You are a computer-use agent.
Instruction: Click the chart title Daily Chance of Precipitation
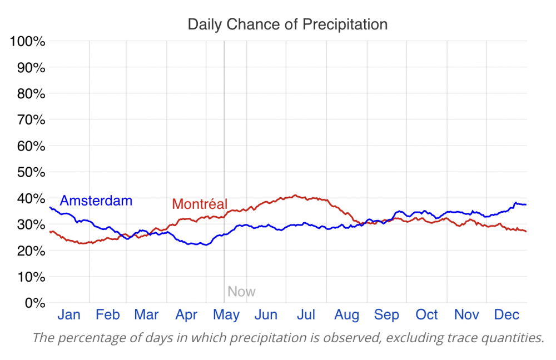click(x=287, y=24)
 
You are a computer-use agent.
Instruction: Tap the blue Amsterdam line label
click(x=96, y=201)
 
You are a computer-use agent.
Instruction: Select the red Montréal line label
click(x=200, y=204)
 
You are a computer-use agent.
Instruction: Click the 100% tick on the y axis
click(x=27, y=42)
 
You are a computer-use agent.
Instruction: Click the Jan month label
click(x=69, y=315)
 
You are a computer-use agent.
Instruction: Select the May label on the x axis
click(x=226, y=315)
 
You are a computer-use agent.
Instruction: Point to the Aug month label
click(x=347, y=315)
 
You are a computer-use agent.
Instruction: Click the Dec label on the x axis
click(x=507, y=315)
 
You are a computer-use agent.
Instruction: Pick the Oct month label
click(x=427, y=315)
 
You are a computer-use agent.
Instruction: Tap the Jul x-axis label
click(x=306, y=315)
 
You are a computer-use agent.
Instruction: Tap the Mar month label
click(x=147, y=315)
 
